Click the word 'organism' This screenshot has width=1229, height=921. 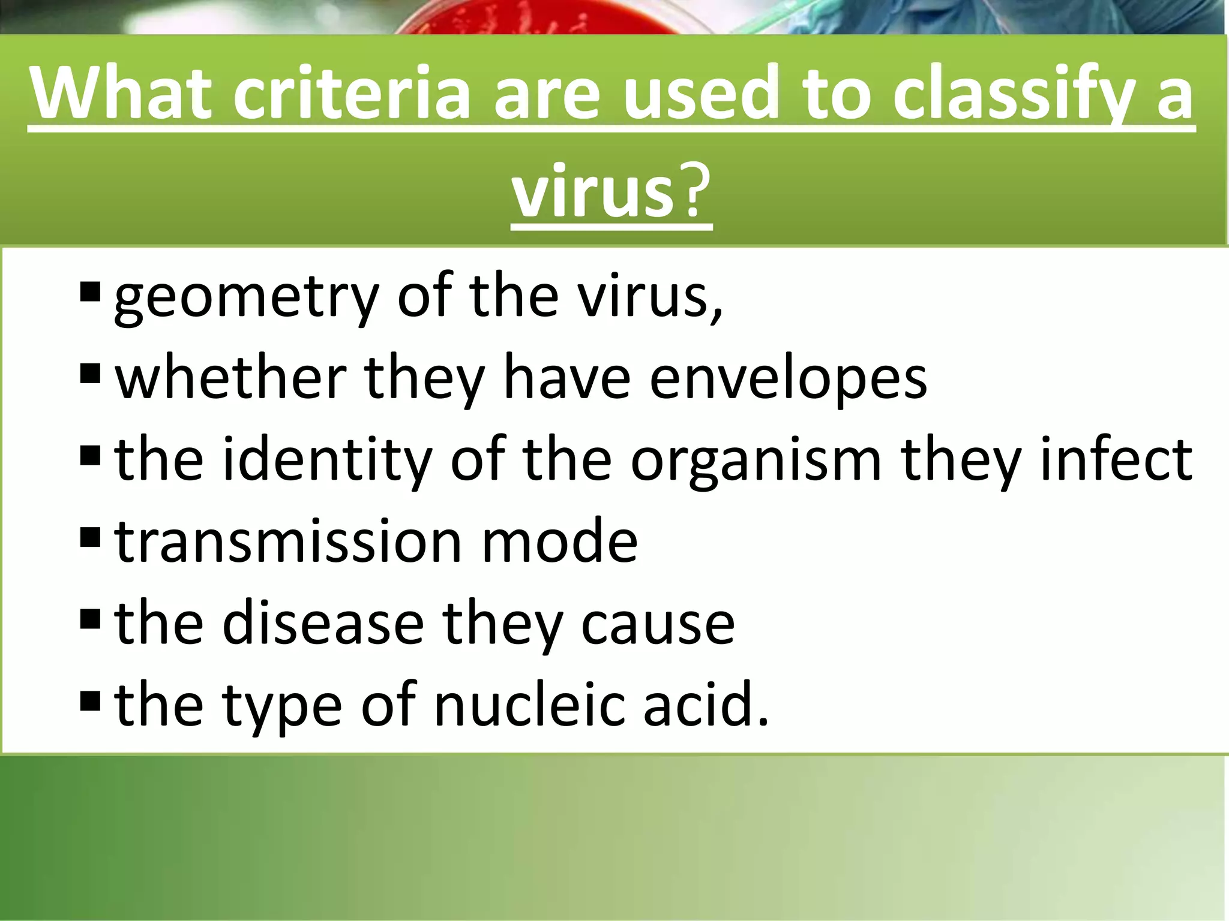pyautogui.click(x=756, y=460)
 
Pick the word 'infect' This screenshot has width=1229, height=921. pyautogui.click(x=1116, y=460)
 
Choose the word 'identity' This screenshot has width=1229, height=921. pyautogui.click(x=326, y=460)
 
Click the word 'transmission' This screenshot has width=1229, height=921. pyautogui.click(x=288, y=542)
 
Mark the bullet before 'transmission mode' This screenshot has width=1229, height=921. pyautogui.click(x=89, y=536)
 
